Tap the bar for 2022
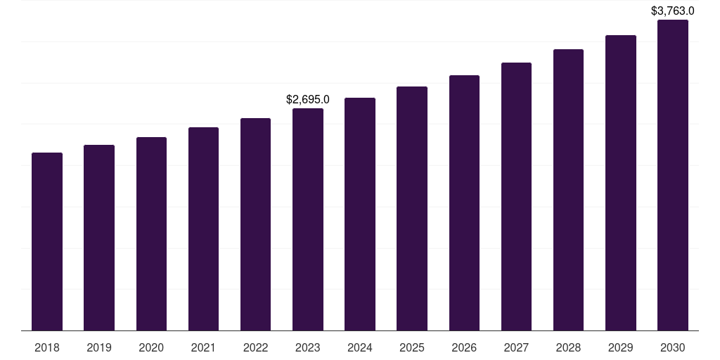(255, 224)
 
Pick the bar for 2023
(308, 219)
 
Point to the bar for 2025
(412, 208)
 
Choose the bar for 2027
(516, 196)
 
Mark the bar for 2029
(621, 183)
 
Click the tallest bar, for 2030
(673, 175)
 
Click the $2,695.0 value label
(308, 100)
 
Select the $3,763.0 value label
(673, 11)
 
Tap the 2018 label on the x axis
(47, 347)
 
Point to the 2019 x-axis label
(99, 347)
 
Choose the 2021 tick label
(203, 347)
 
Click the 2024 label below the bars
(360, 347)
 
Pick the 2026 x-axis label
(464, 347)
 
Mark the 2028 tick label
(568, 347)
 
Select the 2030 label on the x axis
(673, 347)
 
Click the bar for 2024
(360, 214)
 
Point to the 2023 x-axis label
(308, 347)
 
